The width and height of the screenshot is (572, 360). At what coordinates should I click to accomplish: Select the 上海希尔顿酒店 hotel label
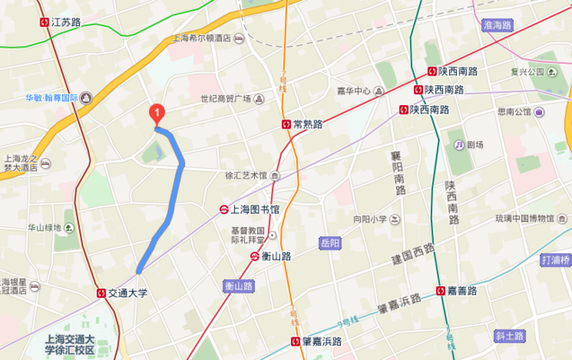pyautogui.click(x=202, y=38)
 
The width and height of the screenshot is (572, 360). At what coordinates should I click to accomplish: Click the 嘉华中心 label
pyautogui.click(x=354, y=91)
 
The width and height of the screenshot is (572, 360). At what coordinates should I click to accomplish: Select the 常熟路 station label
pyautogui.click(x=308, y=124)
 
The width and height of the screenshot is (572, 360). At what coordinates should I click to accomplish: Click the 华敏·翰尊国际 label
pyautogui.click(x=51, y=98)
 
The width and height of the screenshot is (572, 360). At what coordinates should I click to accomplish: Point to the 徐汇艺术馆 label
pyautogui.click(x=246, y=176)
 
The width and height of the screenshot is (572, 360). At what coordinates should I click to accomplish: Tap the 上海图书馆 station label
pyautogui.click(x=256, y=208)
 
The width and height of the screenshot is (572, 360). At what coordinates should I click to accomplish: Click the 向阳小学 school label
pyautogui.click(x=369, y=220)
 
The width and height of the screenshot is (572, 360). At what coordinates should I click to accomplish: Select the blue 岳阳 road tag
pyautogui.click(x=330, y=243)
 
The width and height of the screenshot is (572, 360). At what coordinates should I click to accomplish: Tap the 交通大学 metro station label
pyautogui.click(x=127, y=294)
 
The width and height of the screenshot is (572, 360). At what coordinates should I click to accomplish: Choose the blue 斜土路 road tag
pyautogui.click(x=509, y=336)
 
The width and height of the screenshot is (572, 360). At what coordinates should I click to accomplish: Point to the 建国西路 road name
pyautogui.click(x=412, y=254)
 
